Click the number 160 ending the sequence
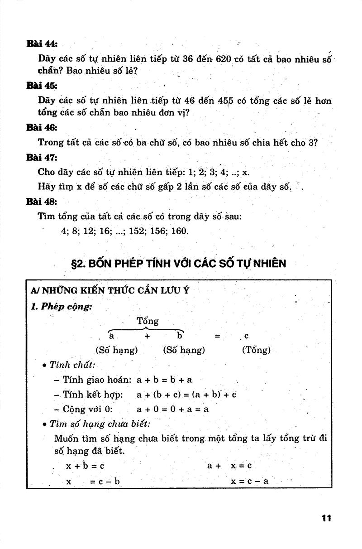(180, 231)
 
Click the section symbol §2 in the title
(79, 263)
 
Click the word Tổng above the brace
(148, 321)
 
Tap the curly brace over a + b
(146, 330)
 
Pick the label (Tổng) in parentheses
(256, 350)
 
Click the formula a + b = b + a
(164, 380)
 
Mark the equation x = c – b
(93, 481)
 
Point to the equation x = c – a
(249, 481)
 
